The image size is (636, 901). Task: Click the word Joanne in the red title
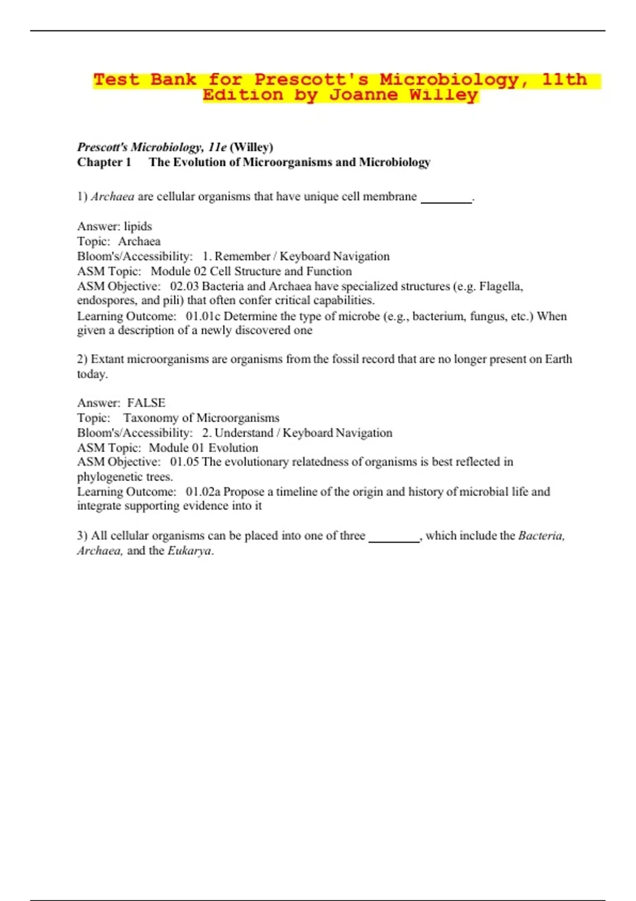tap(363, 95)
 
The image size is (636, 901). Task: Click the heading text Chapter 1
tap(104, 162)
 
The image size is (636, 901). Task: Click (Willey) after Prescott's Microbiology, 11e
tap(251, 147)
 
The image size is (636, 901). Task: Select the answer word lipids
tap(138, 226)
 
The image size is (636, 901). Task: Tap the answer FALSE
tap(146, 403)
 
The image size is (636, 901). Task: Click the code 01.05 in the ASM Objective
tap(184, 462)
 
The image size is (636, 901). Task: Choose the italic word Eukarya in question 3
tap(189, 551)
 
